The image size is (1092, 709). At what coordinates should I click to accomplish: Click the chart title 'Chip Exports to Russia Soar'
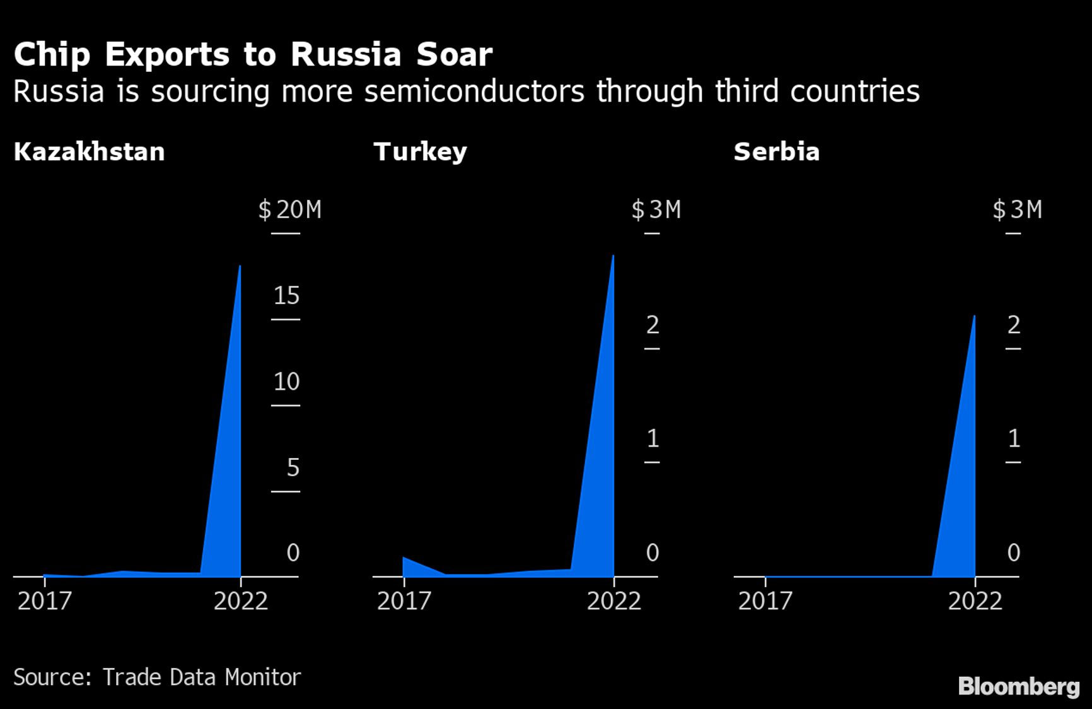coord(252,54)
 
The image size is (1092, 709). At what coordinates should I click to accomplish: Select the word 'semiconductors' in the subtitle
coord(475,91)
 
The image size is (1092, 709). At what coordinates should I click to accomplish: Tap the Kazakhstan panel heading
coord(89,152)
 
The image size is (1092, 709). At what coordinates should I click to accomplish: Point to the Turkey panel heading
coord(420,152)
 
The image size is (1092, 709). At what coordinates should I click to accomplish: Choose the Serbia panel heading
coord(776,152)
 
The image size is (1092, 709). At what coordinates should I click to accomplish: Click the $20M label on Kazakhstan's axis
coord(290,209)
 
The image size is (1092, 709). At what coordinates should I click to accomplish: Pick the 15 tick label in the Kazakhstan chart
coord(286,296)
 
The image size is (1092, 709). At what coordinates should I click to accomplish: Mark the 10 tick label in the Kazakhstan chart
coord(286,382)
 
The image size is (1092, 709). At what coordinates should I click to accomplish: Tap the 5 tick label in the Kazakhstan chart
coord(293,467)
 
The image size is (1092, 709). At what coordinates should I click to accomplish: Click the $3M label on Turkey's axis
coord(656,209)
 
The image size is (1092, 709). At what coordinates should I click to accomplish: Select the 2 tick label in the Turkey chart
coord(653,325)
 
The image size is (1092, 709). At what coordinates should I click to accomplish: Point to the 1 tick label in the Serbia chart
coord(1014,438)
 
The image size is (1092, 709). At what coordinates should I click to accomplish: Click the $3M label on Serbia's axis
coord(1017,209)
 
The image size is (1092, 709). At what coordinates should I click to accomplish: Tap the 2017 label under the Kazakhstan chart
coord(44,601)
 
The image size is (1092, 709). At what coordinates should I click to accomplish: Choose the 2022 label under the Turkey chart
coord(613,601)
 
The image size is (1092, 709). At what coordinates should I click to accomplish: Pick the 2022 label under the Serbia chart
coord(975,601)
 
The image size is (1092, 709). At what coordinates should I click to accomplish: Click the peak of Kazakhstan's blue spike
coord(240,267)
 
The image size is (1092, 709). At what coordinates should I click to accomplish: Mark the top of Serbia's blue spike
coord(974,316)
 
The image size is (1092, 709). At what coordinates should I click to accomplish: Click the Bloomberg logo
coord(1018,686)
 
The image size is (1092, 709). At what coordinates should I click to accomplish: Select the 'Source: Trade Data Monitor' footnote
coord(157,677)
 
